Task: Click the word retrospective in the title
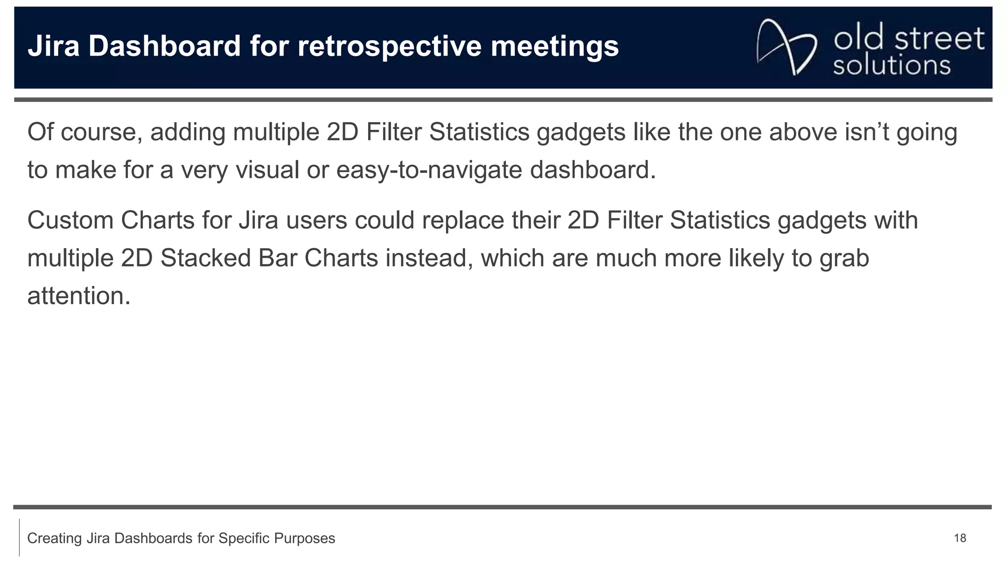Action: (389, 47)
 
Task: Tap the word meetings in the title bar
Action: (555, 47)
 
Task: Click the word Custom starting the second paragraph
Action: (70, 220)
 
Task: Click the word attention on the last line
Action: (78, 296)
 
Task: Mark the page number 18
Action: (960, 538)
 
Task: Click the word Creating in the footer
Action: (55, 538)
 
